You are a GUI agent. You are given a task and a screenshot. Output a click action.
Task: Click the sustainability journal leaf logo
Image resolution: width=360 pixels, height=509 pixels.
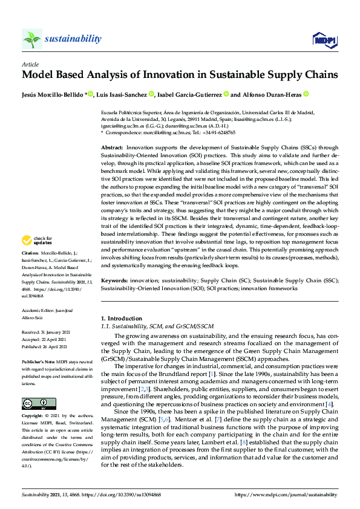pos(32,39)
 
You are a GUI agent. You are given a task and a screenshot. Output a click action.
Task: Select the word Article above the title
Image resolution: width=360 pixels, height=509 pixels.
pos(30,63)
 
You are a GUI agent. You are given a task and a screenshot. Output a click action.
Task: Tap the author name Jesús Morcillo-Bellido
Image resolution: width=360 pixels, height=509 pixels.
pos(53,94)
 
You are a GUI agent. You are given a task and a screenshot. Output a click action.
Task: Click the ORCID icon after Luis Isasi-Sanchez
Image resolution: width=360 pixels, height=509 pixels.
pos(151,94)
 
